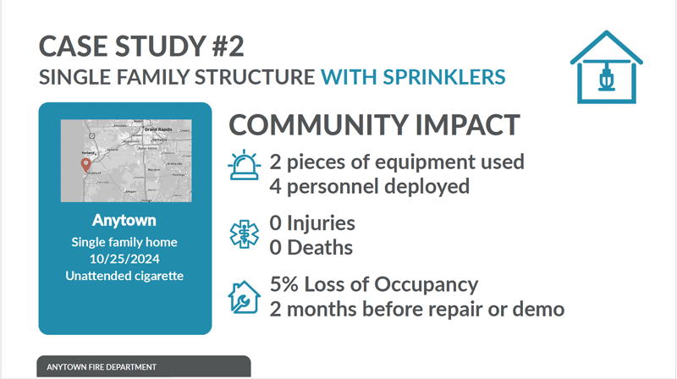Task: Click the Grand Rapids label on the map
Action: coord(157,129)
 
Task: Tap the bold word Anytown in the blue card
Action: coord(124,222)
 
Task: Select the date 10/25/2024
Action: coord(124,259)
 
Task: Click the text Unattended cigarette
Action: coord(124,276)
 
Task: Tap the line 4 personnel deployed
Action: coord(369,185)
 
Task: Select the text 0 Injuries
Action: coord(312,224)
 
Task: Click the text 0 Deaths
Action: coord(311,248)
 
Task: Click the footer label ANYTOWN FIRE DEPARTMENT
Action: coord(102,367)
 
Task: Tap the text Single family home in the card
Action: coord(124,243)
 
